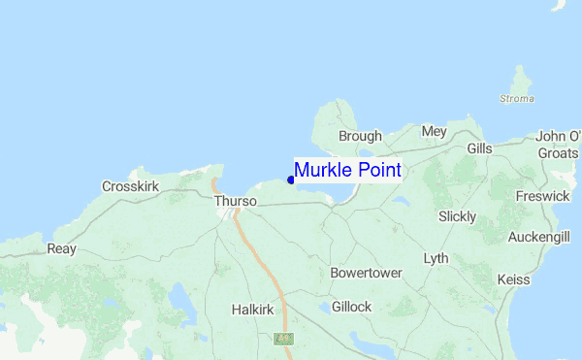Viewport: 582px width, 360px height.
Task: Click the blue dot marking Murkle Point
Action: [291, 180]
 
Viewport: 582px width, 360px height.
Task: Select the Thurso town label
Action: [236, 201]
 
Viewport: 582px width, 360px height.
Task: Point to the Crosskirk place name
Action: [130, 185]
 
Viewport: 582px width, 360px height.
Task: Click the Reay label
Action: [61, 249]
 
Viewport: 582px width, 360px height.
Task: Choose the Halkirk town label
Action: [254, 310]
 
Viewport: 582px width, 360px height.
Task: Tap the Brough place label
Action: [359, 137]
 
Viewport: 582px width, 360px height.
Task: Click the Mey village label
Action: [434, 131]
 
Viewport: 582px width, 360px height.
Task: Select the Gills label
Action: [479, 149]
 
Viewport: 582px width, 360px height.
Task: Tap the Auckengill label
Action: [538, 237]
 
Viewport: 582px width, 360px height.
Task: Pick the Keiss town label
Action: [513, 279]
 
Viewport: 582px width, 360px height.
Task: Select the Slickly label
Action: [457, 216]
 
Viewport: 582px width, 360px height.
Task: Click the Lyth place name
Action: [436, 259]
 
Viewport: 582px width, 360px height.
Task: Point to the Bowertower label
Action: [366, 274]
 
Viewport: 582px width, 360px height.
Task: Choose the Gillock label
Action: [351, 307]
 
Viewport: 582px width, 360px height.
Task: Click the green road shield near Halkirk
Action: [283, 339]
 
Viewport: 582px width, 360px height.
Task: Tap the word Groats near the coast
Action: [558, 153]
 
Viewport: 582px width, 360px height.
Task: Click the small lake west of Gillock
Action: [323, 310]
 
